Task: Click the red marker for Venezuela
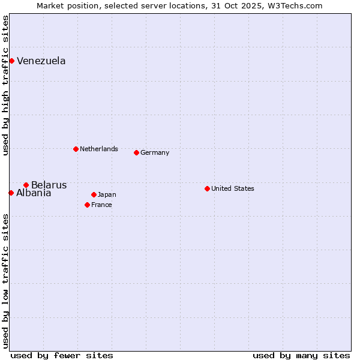click(11, 61)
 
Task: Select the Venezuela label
click(41, 61)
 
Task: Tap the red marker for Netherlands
click(76, 149)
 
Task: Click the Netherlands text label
click(98, 149)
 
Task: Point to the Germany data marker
click(136, 152)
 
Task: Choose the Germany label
click(155, 152)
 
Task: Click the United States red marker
click(207, 188)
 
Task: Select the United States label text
click(232, 188)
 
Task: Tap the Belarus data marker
click(26, 185)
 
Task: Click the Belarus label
click(49, 185)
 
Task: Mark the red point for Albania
click(11, 193)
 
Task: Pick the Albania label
click(34, 193)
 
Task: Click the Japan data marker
click(94, 194)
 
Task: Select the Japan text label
click(107, 194)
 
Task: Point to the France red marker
click(87, 205)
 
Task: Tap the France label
click(101, 205)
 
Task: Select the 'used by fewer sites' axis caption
click(62, 355)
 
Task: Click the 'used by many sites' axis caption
click(301, 355)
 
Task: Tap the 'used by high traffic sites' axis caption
click(5, 85)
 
